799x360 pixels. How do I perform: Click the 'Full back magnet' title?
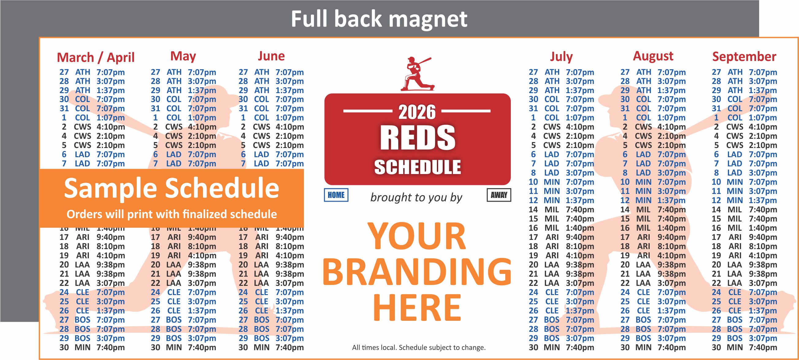pos(379,19)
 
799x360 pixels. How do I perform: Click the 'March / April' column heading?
pos(96,58)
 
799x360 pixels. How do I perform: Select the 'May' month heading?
pos(183,56)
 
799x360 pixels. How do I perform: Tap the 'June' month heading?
pos(271,56)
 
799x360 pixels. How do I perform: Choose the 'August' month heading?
pos(653,56)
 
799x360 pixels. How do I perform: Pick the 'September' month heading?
pos(744,57)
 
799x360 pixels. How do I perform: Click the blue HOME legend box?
pos(336,195)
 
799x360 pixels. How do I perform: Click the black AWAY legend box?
pos(499,195)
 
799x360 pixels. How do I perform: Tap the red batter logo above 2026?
pos(416,74)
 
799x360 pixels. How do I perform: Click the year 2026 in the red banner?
pos(417,112)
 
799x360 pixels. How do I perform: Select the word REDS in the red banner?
pos(418,138)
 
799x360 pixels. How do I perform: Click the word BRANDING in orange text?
pos(417,272)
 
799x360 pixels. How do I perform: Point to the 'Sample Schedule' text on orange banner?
pos(171,188)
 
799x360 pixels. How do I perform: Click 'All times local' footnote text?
pos(419,348)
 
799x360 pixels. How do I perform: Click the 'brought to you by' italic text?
pos(416,197)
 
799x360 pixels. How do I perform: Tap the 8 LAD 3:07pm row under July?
pos(561,173)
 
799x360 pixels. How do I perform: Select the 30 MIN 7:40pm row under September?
pos(744,347)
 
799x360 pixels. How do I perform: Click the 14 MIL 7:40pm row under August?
pos(653,210)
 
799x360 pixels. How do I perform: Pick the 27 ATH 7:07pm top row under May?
pos(183,72)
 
